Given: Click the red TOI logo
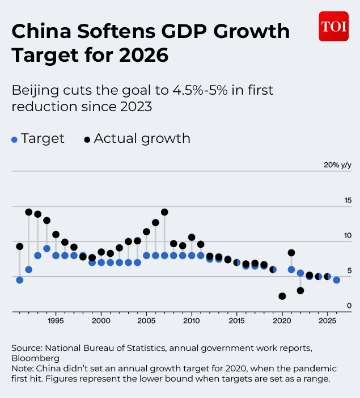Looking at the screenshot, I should pyautogui.click(x=333, y=26).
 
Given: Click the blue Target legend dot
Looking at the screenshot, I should pyautogui.click(x=14, y=139).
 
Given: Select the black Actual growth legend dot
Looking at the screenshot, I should pyautogui.click(x=87, y=139).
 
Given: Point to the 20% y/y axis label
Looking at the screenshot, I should pyautogui.click(x=337, y=165).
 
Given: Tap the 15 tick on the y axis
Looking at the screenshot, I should pyautogui.click(x=348, y=200).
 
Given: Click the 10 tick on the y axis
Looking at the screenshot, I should pyautogui.click(x=348, y=235).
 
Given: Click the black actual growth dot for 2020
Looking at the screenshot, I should pyautogui.click(x=282, y=296).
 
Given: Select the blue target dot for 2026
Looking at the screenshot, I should pyautogui.click(x=336, y=280).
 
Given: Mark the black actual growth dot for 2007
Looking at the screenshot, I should pyautogui.click(x=164, y=212).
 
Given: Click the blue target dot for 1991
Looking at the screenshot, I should pyautogui.click(x=20, y=280).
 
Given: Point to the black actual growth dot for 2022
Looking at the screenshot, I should pyautogui.click(x=300, y=290).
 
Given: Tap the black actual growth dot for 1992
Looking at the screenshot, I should pyautogui.click(x=29, y=212).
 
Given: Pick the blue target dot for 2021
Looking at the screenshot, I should pyautogui.click(x=291, y=269).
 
